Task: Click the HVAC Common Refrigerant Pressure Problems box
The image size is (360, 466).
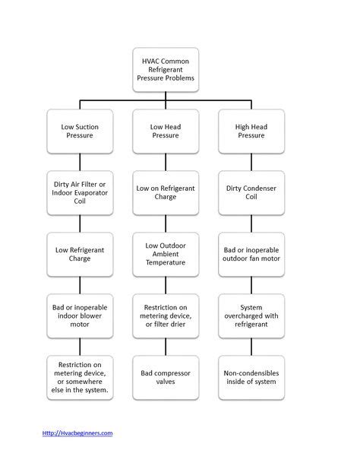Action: click(166, 69)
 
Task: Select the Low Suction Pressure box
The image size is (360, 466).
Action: click(80, 131)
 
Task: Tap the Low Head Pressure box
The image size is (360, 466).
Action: click(166, 131)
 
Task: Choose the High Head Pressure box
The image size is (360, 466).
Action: click(251, 131)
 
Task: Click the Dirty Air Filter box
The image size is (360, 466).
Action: click(80, 192)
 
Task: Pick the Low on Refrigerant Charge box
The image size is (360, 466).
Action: click(166, 192)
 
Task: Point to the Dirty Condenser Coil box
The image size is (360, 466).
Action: click(251, 192)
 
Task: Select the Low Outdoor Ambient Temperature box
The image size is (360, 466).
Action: click(166, 254)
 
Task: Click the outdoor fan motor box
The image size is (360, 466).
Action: click(251, 254)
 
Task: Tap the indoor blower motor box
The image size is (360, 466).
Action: click(80, 315)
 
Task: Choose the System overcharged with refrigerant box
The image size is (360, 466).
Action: click(251, 315)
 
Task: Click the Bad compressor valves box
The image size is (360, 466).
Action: click(166, 377)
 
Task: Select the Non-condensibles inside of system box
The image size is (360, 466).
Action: click(251, 377)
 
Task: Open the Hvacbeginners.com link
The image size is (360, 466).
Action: click(77, 433)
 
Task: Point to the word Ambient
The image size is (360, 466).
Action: click(166, 254)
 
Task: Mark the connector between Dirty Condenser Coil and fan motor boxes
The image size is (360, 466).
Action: click(251, 223)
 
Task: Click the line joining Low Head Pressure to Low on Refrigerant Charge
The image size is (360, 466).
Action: click(166, 162)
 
